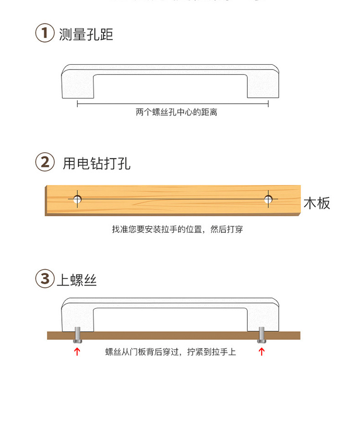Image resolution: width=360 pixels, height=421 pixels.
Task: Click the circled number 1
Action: pyautogui.click(x=45, y=34)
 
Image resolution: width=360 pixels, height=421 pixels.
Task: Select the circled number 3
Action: pyautogui.click(x=45, y=279)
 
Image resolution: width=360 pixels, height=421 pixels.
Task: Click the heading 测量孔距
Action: pyautogui.click(x=86, y=35)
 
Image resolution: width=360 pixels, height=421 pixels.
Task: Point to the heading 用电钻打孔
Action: pyautogui.click(x=96, y=163)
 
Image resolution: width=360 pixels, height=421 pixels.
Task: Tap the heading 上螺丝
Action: pyautogui.click(x=77, y=280)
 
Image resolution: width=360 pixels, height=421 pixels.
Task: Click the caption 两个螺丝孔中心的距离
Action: pyautogui.click(x=176, y=112)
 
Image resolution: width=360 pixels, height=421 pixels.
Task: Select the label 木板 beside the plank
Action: pyautogui.click(x=317, y=203)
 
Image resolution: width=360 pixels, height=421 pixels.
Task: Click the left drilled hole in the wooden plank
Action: pyautogui.click(x=77, y=199)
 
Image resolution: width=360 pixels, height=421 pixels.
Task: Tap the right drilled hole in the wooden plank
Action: pyautogui.click(x=269, y=199)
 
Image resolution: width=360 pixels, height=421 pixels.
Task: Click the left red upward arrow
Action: pyautogui.click(x=77, y=352)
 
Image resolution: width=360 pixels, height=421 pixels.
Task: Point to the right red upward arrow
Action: pyautogui.click(x=262, y=352)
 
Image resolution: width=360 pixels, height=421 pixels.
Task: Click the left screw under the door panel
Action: pyautogui.click(x=77, y=334)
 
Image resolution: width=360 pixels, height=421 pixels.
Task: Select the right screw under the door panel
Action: pyautogui.click(x=262, y=334)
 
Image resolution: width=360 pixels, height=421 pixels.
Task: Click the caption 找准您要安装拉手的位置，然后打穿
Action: pyautogui.click(x=178, y=229)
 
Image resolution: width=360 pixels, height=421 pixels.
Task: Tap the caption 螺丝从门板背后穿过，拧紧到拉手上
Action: pyautogui.click(x=170, y=352)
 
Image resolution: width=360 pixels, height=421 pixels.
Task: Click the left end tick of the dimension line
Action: pyautogui.click(x=78, y=103)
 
